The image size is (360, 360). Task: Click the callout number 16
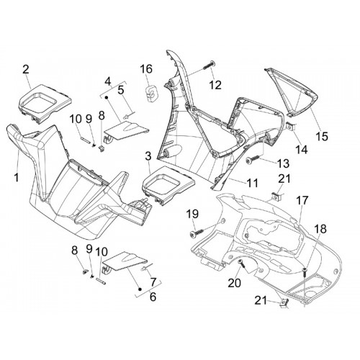point(146,69)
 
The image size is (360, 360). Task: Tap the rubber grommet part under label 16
point(150,92)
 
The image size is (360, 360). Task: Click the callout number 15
point(322,137)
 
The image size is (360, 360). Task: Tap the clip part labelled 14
point(291,127)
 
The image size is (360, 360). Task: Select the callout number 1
point(17,177)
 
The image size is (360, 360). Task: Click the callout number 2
point(26,69)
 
